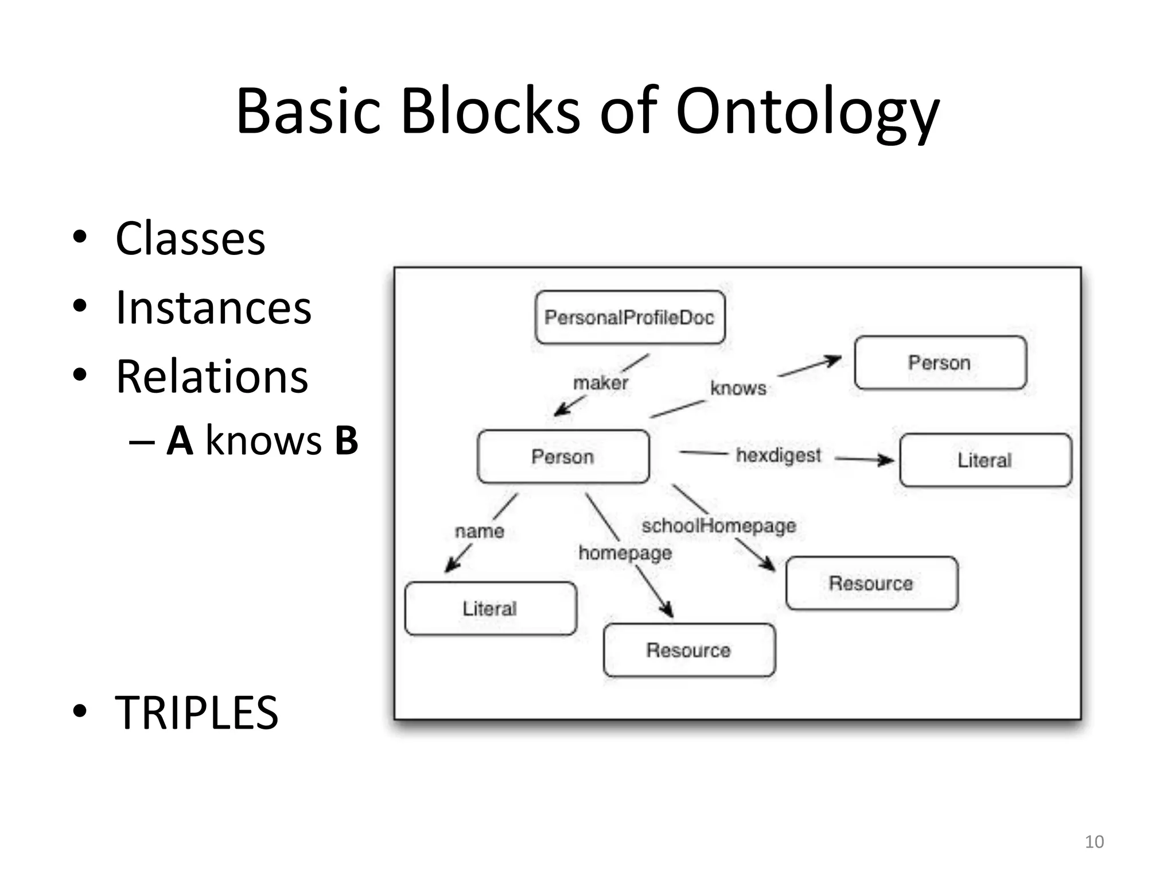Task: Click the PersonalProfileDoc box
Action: (629, 318)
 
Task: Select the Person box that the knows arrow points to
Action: (940, 363)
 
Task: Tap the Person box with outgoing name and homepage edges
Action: (563, 457)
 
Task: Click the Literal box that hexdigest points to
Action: (985, 460)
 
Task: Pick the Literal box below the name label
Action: (490, 609)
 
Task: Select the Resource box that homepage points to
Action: (688, 650)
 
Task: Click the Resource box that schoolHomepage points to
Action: (871, 583)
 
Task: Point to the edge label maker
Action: (600, 383)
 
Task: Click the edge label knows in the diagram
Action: (738, 388)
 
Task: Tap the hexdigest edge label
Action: (779, 455)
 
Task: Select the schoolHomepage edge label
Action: (718, 525)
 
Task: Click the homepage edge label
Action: (625, 553)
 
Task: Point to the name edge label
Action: (480, 531)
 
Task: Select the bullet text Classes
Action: (190, 238)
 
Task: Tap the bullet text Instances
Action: (213, 308)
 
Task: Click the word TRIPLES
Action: (196, 713)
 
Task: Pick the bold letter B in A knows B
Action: (346, 441)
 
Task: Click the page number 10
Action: (1094, 842)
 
